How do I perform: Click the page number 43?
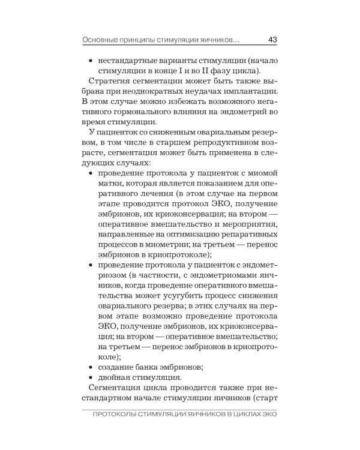pyautogui.click(x=272, y=40)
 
